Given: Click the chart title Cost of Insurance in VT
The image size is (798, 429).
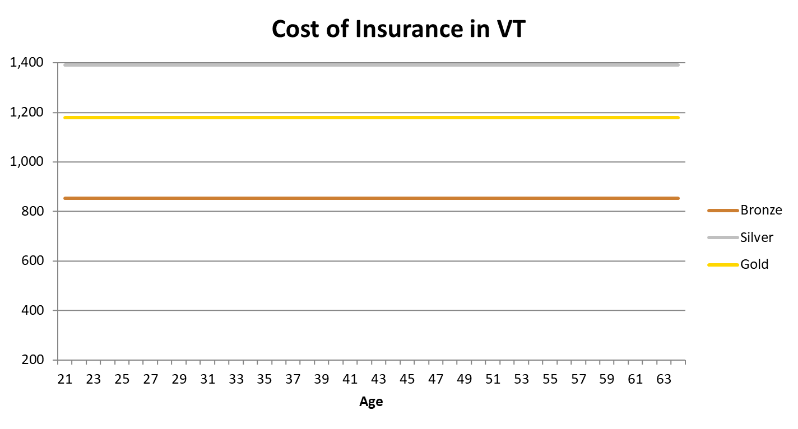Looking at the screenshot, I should [398, 29].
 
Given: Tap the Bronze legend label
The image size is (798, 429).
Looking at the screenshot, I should [761, 211].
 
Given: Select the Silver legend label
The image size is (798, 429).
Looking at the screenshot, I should [757, 237].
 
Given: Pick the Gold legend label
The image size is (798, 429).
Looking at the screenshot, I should [754, 264].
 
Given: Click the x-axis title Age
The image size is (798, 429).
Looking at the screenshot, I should [371, 402].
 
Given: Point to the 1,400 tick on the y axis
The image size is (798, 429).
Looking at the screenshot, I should [27, 63].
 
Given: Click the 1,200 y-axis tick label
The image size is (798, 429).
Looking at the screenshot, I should [27, 113].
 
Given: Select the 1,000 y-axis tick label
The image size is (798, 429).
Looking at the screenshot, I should [27, 162].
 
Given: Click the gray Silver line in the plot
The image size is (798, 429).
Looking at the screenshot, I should [370, 65].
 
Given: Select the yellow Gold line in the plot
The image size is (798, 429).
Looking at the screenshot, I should [370, 118].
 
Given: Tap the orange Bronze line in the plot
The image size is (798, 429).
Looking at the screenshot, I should [370, 198].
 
